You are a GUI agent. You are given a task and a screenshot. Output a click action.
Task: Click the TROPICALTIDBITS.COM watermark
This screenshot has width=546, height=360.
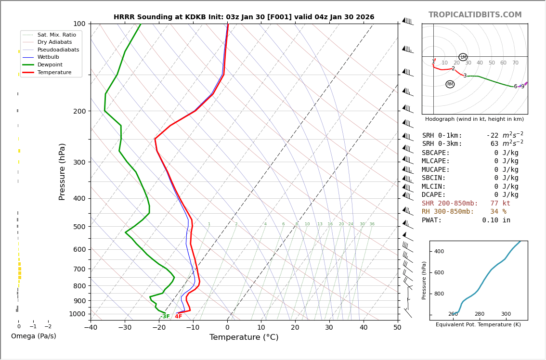(475, 15)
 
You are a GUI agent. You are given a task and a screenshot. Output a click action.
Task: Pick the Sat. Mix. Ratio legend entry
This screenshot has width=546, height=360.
(56, 35)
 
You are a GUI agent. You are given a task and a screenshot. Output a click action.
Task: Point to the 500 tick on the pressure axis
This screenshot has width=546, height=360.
(79, 227)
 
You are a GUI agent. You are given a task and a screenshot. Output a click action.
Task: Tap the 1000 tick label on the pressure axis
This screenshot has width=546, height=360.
(77, 314)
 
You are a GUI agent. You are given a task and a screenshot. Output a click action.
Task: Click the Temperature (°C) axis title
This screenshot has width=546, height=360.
(244, 338)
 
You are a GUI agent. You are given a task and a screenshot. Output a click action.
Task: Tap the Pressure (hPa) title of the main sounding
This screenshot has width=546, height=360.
(63, 171)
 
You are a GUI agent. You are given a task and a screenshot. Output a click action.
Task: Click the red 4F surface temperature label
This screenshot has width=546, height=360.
(178, 317)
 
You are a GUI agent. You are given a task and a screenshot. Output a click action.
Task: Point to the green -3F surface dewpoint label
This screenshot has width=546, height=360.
(165, 317)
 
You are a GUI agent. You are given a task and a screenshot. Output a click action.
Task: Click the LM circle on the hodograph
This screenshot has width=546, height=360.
(463, 57)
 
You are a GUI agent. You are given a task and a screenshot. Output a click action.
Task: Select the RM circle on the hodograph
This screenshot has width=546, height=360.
(450, 84)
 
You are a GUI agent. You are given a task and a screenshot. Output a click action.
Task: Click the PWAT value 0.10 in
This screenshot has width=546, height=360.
(496, 220)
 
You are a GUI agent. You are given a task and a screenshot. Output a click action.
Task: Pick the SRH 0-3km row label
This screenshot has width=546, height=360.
(442, 144)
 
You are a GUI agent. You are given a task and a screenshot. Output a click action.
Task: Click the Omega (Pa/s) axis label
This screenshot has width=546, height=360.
(33, 336)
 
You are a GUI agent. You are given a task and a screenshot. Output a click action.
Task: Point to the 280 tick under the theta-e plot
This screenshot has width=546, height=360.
(480, 314)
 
